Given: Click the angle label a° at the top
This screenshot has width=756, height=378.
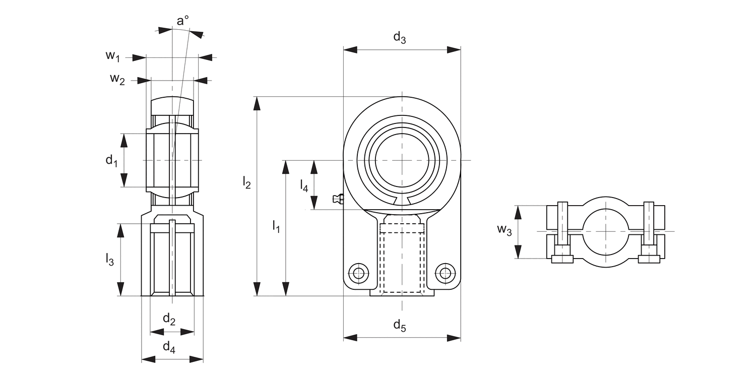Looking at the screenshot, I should coord(182,21).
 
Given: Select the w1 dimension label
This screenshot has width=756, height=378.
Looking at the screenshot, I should coord(112,56).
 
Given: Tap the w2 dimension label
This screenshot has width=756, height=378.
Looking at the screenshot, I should coord(117,79).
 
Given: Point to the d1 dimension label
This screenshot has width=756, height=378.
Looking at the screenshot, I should coord(111,161).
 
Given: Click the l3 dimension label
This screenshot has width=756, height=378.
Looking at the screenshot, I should coord(109,260).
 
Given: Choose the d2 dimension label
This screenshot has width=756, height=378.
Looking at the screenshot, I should coord(169,319).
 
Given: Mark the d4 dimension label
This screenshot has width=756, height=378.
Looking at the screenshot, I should coord(169,347).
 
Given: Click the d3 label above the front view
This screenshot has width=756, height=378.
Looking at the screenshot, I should coord(399,38).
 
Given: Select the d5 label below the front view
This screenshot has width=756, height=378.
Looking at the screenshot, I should coord(399,326).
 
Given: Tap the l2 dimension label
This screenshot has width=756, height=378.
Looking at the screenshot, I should coord(246,182).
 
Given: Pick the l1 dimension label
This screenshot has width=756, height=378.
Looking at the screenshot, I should coord(276,226).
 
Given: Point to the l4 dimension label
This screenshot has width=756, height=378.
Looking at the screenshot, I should coord(304,185).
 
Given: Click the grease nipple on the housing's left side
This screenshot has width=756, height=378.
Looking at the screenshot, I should coord(338,200).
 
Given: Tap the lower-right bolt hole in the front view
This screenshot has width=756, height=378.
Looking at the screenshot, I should coord(445,273).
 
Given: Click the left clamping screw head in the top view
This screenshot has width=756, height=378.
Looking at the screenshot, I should coord(562,259).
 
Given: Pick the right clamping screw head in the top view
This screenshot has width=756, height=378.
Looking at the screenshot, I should coord(649,259).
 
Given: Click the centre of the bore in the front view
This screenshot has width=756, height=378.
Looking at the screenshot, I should coord(402,160).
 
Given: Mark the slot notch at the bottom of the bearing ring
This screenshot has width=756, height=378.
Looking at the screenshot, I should coord(402,201).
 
